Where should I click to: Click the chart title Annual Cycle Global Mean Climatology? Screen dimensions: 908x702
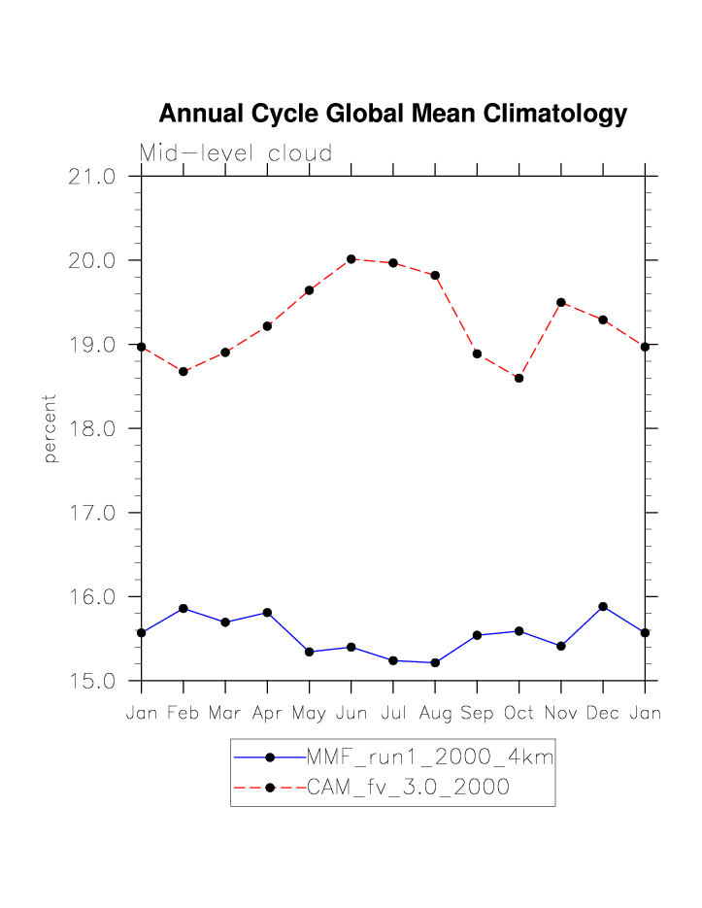(392, 114)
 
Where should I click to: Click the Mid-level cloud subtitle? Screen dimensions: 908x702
(236, 153)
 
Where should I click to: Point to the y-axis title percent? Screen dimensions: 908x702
(50, 428)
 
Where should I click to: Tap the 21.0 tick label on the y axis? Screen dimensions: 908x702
(92, 177)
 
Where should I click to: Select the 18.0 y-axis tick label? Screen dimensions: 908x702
(92, 429)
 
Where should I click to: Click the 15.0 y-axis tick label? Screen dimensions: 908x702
(92, 681)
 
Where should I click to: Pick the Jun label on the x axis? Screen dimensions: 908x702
(351, 714)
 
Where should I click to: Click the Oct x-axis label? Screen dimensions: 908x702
(518, 714)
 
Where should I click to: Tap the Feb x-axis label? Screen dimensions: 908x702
(183, 714)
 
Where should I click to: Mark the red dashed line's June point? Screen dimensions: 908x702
(351, 259)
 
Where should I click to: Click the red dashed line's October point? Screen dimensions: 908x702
(519, 378)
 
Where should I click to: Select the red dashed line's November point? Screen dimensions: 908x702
(561, 302)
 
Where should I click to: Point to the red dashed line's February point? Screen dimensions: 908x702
(184, 371)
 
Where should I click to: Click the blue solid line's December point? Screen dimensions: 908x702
(603, 606)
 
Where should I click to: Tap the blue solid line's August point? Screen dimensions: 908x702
(435, 662)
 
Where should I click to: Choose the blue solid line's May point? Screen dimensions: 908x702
(309, 652)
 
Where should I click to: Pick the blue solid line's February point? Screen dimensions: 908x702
(184, 608)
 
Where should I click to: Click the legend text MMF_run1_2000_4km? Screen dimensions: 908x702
(429, 757)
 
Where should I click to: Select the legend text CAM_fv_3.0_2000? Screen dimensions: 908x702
(408, 788)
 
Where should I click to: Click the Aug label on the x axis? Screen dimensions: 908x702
(435, 714)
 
